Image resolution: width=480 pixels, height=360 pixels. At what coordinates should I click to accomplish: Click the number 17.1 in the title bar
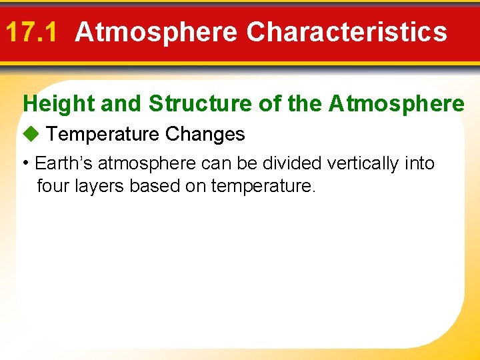click(x=33, y=32)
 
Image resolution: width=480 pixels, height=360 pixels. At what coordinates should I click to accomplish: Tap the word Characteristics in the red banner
click(x=347, y=32)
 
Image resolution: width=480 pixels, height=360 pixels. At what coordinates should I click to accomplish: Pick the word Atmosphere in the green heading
click(x=397, y=104)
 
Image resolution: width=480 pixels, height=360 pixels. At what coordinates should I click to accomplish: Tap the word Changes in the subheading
click(x=205, y=135)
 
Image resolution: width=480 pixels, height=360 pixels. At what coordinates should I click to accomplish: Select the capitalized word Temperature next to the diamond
click(x=103, y=135)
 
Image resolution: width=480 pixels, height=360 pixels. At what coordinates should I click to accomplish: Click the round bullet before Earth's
click(x=25, y=163)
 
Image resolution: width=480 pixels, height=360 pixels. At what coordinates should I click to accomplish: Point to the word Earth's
click(x=63, y=163)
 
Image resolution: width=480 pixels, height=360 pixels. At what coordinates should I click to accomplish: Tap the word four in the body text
click(x=50, y=186)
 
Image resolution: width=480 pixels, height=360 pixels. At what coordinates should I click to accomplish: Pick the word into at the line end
click(x=420, y=163)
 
